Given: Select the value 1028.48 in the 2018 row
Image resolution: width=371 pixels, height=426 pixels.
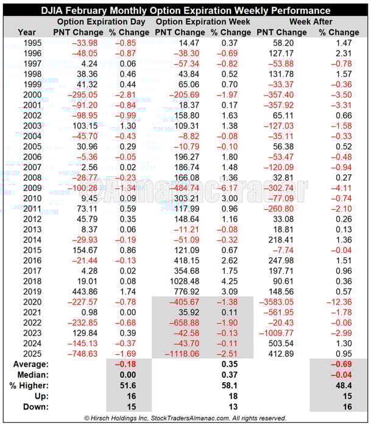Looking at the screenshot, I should click(x=186, y=281).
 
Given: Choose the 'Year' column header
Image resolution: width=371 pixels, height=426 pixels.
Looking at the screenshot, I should click(x=27, y=32).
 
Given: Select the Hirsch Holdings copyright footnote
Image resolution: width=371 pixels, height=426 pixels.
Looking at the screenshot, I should click(x=186, y=418).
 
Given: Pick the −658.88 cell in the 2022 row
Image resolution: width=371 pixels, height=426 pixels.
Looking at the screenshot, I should click(x=185, y=322).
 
